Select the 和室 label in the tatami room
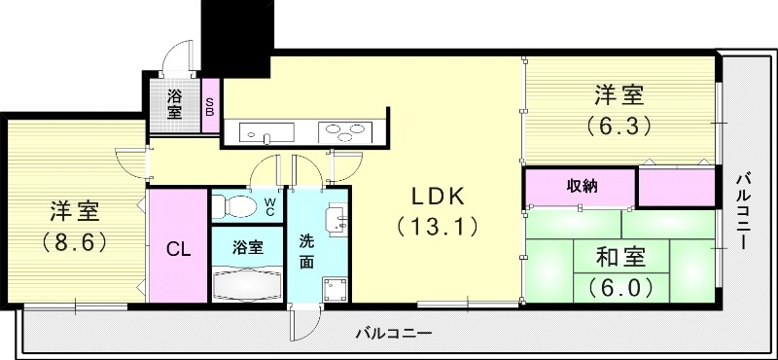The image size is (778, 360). [619, 259]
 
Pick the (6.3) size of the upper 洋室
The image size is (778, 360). [619, 126]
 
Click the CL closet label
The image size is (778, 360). [177, 248]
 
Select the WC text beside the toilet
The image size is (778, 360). [270, 205]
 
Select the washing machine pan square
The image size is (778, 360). [336, 289]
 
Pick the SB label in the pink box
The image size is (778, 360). [209, 105]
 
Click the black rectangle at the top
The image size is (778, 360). [236, 36]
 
